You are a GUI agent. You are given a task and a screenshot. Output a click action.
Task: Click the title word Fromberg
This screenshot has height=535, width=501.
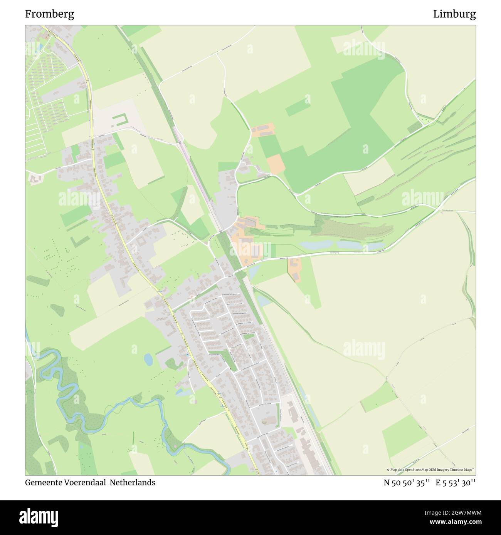pyautogui.click(x=50, y=14)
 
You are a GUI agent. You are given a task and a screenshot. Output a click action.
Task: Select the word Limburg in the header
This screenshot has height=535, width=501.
pyautogui.click(x=454, y=14)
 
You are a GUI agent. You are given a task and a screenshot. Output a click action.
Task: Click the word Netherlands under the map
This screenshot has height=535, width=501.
pyautogui.click(x=133, y=482)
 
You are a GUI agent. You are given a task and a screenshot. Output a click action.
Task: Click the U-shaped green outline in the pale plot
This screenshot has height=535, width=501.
pyautogui.click(x=119, y=120)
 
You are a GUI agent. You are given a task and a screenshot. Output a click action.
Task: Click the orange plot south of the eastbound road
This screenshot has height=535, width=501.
pyautogui.click(x=294, y=269)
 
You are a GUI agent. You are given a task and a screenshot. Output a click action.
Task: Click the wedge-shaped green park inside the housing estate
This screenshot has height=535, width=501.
pyautogui.click(x=230, y=359)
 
